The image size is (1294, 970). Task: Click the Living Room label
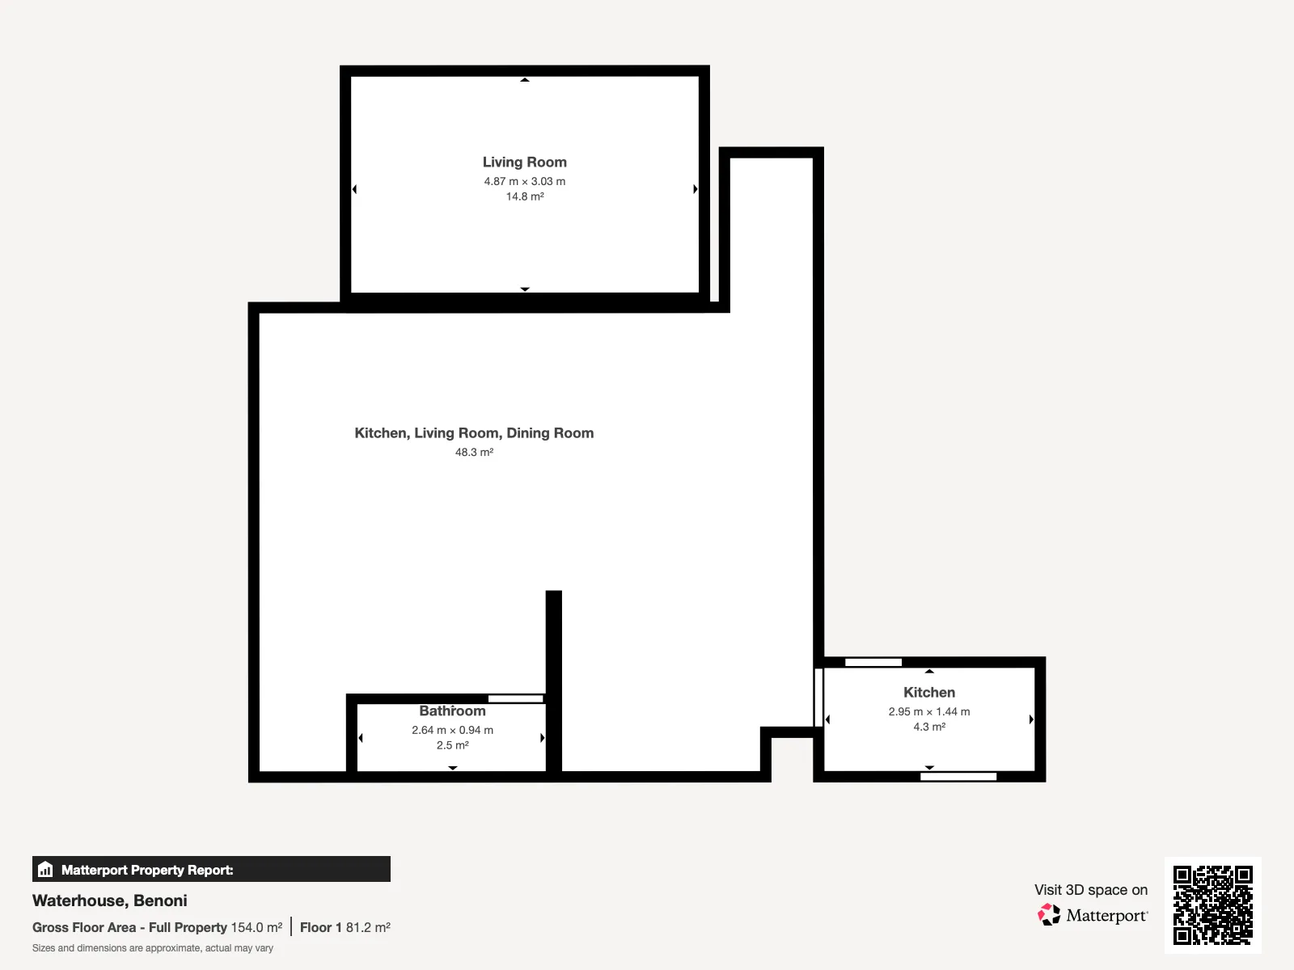(x=525, y=162)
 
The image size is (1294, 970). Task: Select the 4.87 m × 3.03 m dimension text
(x=525, y=181)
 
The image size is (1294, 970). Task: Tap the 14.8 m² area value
(x=525, y=196)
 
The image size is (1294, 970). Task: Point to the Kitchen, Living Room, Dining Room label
(x=474, y=433)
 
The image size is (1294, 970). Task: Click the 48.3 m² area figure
(x=474, y=453)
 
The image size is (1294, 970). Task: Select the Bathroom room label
(x=452, y=711)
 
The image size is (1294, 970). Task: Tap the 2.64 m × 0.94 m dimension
(x=452, y=730)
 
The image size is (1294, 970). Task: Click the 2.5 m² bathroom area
(x=452, y=745)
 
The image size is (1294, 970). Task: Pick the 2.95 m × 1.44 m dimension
(x=929, y=711)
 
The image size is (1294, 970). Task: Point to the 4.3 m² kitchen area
(x=929, y=727)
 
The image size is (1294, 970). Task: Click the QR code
(x=1212, y=905)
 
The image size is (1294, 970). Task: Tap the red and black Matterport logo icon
(x=1049, y=915)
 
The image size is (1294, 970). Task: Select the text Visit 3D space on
(x=1091, y=890)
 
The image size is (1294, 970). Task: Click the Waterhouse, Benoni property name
(x=110, y=900)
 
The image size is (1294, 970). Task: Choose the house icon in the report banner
(x=45, y=869)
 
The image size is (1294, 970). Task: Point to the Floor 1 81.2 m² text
(x=345, y=928)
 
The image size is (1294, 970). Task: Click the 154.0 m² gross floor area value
(x=256, y=928)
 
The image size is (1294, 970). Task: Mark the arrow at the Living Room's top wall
(x=525, y=79)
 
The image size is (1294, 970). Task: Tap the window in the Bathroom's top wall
(x=516, y=698)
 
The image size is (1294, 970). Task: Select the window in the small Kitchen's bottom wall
(x=958, y=776)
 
